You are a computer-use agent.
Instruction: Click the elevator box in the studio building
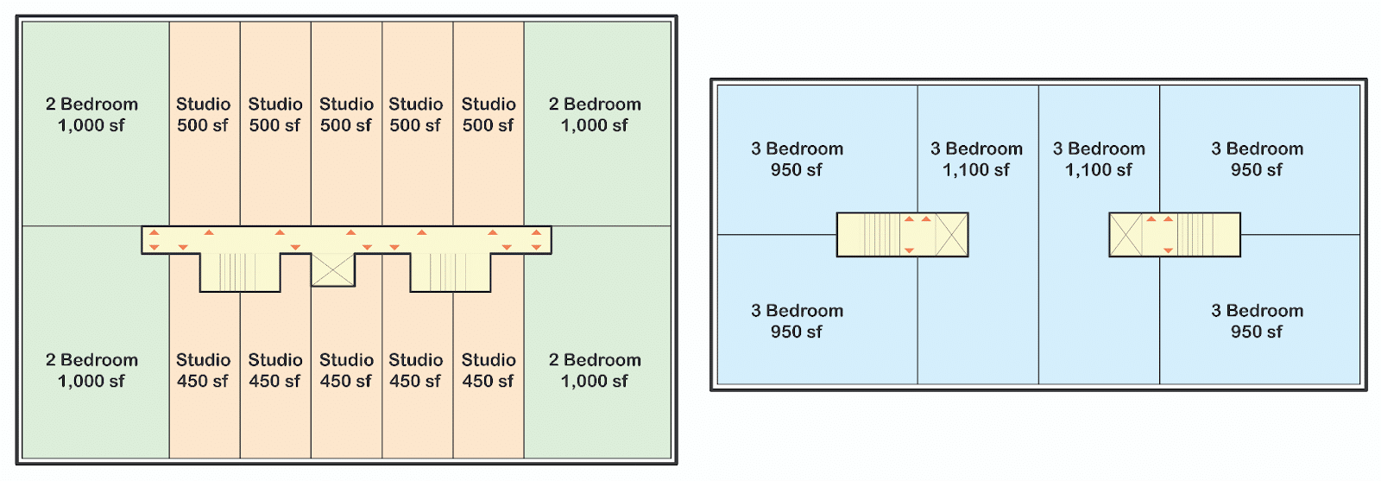332,269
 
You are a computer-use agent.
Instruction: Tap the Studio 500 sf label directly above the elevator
346,115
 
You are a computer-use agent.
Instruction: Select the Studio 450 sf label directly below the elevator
346,370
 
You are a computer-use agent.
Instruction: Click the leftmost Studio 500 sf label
203,115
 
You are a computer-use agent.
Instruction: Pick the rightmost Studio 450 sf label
489,370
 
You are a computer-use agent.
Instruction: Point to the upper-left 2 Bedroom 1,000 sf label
91,115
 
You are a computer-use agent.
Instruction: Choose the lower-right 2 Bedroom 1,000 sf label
595,370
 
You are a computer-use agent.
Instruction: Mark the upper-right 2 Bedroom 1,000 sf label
595,115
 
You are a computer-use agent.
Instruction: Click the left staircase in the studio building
239,272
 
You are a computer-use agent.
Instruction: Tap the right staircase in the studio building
450,272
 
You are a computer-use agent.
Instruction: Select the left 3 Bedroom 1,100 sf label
976,160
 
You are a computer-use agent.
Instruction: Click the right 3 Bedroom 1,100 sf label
1099,160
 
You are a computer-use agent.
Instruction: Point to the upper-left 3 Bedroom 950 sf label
797,160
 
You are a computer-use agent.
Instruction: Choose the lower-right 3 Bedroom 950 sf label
1257,321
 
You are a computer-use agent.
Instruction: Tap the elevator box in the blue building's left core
951,235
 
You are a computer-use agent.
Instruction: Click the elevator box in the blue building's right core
1126,235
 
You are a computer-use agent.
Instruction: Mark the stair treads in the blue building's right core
1195,235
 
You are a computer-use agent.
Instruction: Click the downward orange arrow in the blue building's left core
909,250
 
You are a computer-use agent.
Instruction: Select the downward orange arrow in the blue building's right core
1168,250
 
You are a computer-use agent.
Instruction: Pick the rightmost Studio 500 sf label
489,115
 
